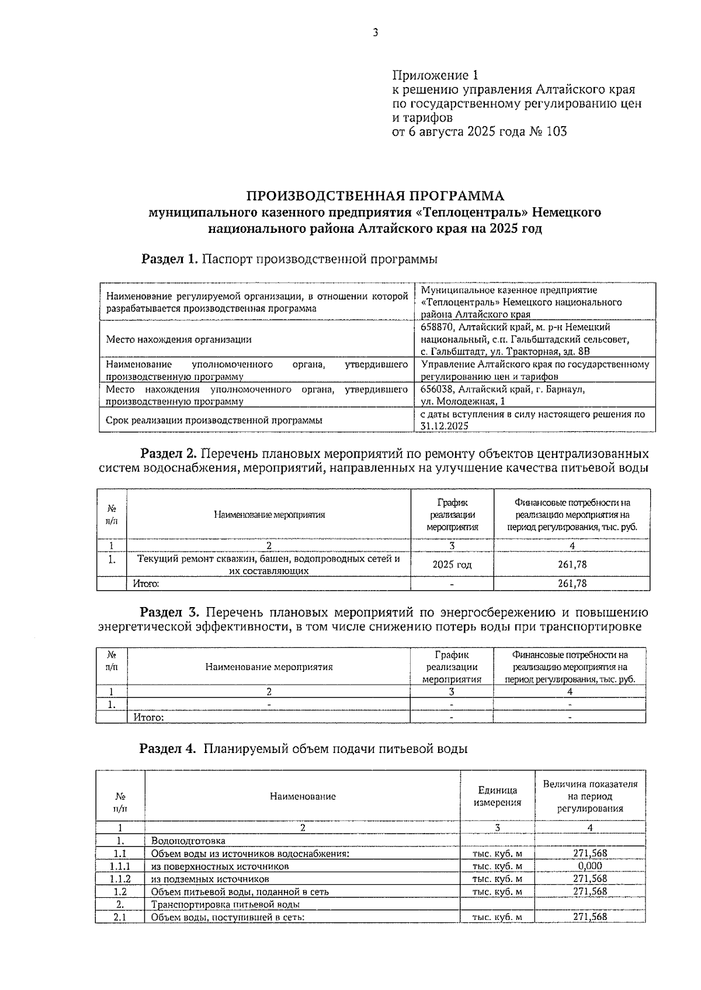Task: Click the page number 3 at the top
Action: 375,33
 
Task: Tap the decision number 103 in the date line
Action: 556,131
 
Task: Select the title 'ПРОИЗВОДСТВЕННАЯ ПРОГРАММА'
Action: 374,196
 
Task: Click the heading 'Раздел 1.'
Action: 170,259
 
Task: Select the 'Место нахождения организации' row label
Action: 179,339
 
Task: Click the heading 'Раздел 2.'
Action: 169,454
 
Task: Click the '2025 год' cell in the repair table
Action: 452,564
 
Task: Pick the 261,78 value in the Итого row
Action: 572,583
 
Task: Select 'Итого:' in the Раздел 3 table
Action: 148,717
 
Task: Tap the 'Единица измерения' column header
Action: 497,796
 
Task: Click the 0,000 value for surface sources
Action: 589,866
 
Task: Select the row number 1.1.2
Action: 120,879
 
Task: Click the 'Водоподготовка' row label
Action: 188,841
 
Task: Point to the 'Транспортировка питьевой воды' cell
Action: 225,905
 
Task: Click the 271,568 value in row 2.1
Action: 589,917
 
